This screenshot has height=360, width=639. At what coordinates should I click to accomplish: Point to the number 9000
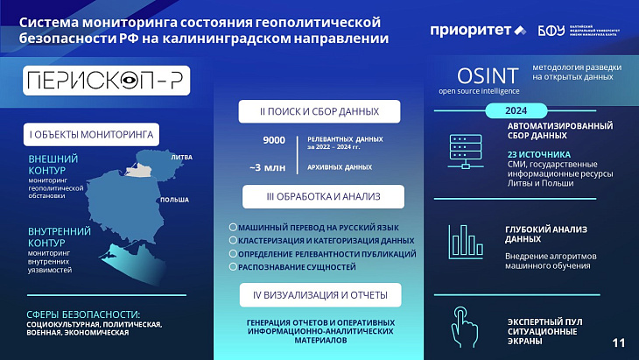coord(273,140)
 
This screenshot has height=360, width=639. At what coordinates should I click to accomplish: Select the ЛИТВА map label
coord(182,157)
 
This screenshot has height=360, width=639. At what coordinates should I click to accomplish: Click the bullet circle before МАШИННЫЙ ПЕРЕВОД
coord(231,227)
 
